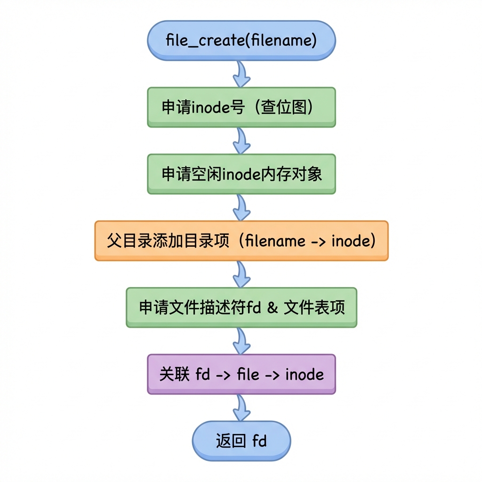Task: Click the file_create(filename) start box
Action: (x=241, y=40)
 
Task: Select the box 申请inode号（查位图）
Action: (x=241, y=107)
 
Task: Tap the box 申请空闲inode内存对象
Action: (x=241, y=174)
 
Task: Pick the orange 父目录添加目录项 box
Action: (x=241, y=241)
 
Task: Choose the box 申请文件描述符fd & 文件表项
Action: (x=241, y=307)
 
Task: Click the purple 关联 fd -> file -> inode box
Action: (x=241, y=374)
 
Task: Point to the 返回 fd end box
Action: (x=241, y=441)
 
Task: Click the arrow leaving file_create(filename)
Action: (x=241, y=74)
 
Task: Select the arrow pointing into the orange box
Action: (x=241, y=208)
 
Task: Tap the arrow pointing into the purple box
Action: (x=241, y=341)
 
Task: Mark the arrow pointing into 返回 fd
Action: (x=241, y=408)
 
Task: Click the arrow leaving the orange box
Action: (x=241, y=274)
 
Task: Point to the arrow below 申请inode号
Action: (x=241, y=141)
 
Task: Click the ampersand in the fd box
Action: (x=273, y=307)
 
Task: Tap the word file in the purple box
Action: (x=248, y=374)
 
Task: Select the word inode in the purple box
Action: (x=305, y=374)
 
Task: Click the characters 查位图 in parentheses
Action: (x=284, y=107)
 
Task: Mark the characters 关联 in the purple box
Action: (x=174, y=374)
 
